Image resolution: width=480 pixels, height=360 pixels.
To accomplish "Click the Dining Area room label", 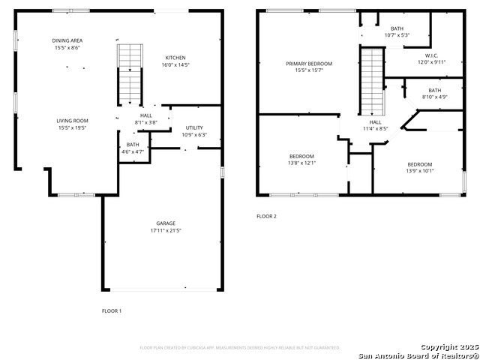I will coord(66,40).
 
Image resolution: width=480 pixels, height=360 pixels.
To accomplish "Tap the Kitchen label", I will coord(175,58).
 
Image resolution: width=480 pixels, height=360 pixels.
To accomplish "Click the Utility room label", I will coord(193,127).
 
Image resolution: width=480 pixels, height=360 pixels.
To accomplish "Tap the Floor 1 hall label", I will coord(145,115).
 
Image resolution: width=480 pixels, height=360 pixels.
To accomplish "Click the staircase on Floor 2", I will coord(372,81).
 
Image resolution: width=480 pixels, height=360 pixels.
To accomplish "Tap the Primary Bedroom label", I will coord(308,64).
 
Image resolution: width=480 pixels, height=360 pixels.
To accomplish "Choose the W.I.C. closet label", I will coord(430,55).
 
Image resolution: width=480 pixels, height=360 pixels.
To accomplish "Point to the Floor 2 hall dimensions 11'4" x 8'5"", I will coord(375,128).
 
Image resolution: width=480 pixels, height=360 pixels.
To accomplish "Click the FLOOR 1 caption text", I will coord(111,310).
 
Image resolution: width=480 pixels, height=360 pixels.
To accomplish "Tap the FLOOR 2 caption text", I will coord(266,216).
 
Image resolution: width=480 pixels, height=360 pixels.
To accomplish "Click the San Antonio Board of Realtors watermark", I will coord(418,355).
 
